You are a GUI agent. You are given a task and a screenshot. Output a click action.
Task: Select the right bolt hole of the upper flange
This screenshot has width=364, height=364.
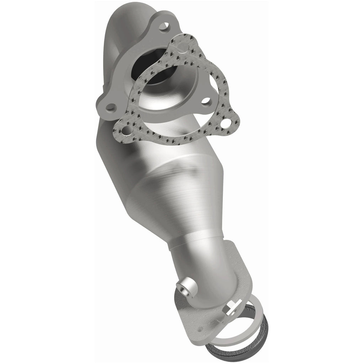click(205, 101)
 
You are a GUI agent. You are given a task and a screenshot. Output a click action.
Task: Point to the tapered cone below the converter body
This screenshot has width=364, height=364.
click(178, 210)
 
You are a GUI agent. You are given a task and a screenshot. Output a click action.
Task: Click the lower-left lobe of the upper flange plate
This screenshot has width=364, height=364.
click(108, 108)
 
